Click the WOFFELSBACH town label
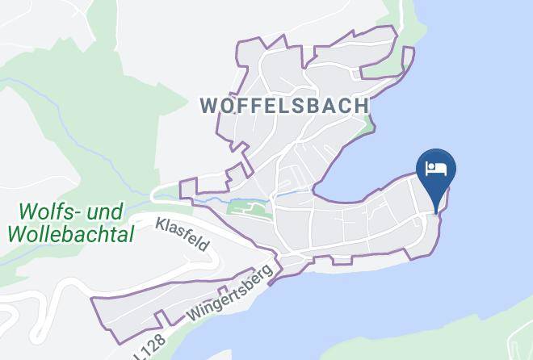pyautogui.click(x=284, y=106)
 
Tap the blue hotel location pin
pyautogui.click(x=436, y=174)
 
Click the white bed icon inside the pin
pyautogui.click(x=436, y=169)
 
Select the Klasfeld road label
pyautogui.click(x=183, y=233)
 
